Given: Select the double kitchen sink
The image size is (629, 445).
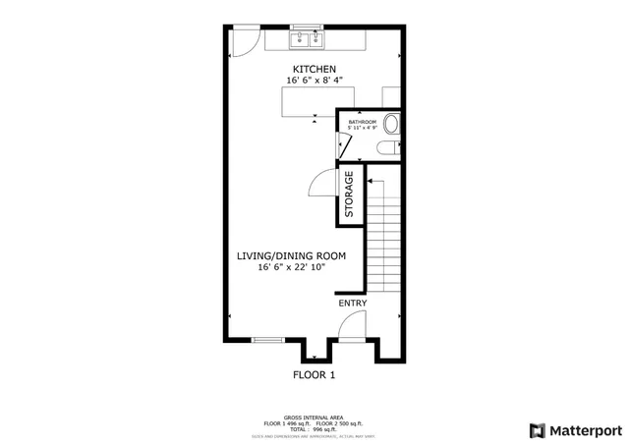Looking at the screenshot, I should pos(307,39).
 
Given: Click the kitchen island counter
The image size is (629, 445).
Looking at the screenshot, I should pos(308,100).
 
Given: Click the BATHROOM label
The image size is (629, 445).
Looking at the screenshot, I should pos(363,122).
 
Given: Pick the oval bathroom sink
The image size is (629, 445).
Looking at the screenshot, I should pos(391,126).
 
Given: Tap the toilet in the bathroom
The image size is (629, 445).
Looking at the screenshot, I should pos(387,147).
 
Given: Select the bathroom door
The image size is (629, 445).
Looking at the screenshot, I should pos(345,143).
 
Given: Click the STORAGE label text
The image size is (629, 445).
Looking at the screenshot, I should pos(349,195).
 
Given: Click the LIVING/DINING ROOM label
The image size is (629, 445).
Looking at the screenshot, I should pos(291,255).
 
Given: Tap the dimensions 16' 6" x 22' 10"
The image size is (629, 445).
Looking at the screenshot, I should pos(291,267).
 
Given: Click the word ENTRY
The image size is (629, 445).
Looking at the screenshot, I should pos(353,304).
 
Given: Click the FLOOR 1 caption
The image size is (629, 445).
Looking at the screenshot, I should pos(314,375).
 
